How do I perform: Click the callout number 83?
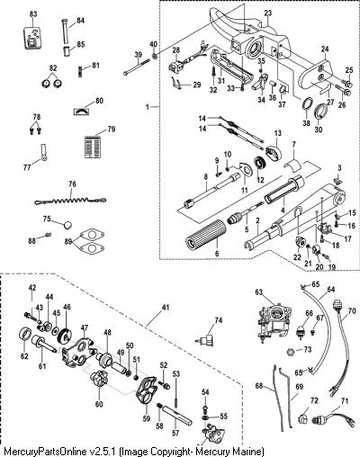tap(33, 14)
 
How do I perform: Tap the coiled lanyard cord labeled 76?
tap(70, 199)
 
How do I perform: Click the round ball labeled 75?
tap(67, 225)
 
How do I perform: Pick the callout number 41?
tap(166, 308)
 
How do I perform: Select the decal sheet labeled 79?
tap(93, 146)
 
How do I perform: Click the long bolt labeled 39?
tap(137, 67)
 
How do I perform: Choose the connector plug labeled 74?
tap(206, 340)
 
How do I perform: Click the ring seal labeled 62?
tap(24, 334)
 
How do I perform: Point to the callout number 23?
tap(268, 13)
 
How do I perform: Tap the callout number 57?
tap(175, 433)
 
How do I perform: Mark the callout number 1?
tap(148, 106)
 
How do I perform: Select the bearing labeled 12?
tap(259, 163)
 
